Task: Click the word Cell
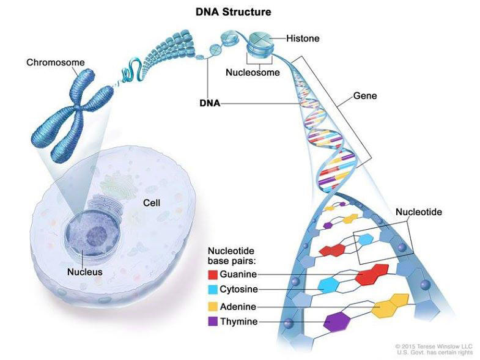pyautogui.click(x=151, y=202)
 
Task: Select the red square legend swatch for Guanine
pyautogui.click(x=212, y=274)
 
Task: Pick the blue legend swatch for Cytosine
pyautogui.click(x=212, y=290)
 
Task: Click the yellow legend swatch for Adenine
pyautogui.click(x=212, y=306)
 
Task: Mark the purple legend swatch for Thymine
pyautogui.click(x=212, y=321)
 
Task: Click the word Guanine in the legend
pyautogui.click(x=238, y=274)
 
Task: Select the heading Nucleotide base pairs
pyautogui.click(x=231, y=255)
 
